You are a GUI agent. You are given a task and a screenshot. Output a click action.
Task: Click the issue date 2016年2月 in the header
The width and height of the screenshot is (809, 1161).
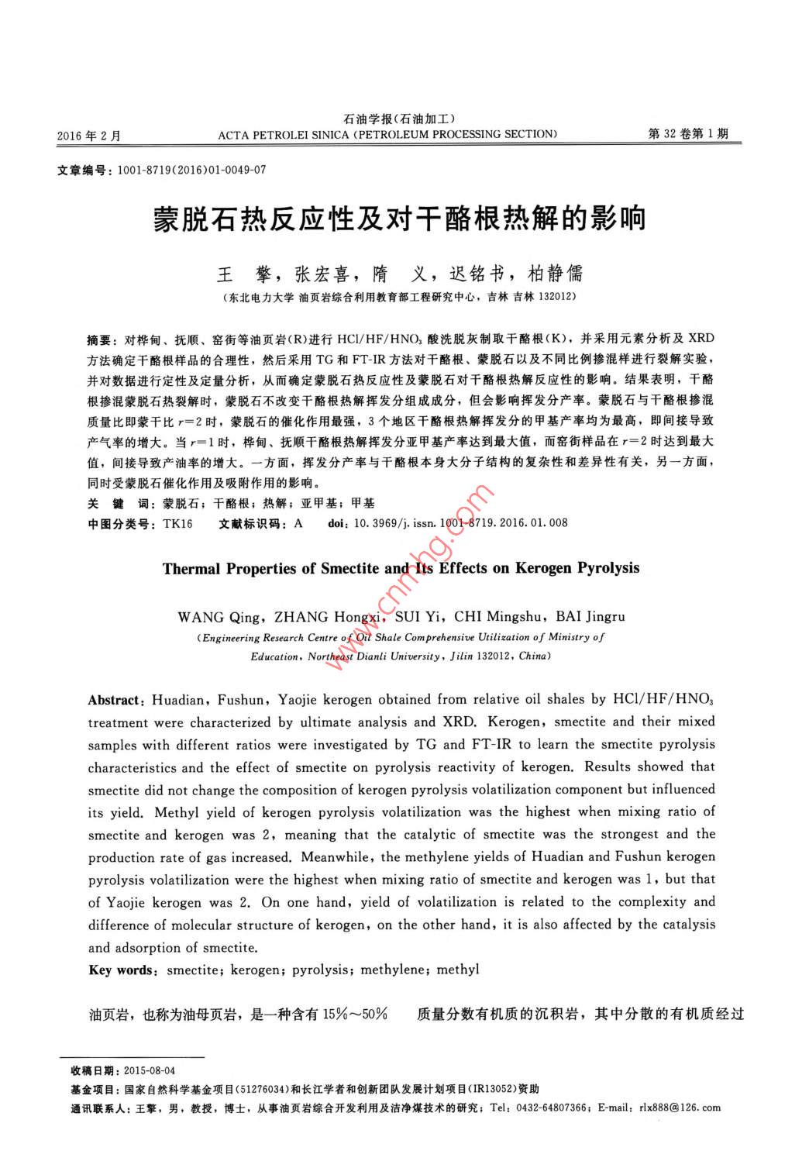89,136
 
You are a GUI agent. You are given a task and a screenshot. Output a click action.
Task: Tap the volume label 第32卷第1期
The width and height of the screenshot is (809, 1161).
687,134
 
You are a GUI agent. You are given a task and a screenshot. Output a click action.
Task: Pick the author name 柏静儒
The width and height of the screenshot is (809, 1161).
554,274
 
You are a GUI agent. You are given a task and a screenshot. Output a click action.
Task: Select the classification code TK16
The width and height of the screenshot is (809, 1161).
177,524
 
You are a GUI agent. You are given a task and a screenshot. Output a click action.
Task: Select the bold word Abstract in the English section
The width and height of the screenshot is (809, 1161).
114,700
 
